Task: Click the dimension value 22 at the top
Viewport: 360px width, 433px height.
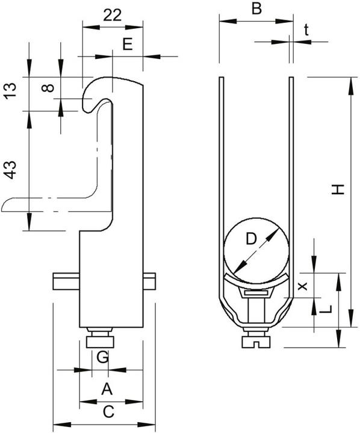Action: coord(112,15)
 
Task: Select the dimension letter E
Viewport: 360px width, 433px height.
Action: coord(128,44)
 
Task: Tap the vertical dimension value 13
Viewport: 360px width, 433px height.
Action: coord(10,91)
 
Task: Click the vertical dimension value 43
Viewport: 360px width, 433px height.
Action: coord(10,170)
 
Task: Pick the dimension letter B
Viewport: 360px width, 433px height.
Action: coord(256,9)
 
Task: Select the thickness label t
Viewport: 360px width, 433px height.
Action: coord(306,30)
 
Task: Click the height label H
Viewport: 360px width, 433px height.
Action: coord(338,189)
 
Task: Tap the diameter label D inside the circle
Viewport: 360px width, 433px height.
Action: coord(251,239)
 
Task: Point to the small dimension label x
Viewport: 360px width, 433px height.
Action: coord(303,286)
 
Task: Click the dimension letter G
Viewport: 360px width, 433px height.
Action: coord(102,357)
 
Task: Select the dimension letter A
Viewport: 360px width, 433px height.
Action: coord(107,389)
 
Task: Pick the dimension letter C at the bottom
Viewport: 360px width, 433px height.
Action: coord(108,412)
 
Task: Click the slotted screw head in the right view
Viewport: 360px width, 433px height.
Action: coord(256,342)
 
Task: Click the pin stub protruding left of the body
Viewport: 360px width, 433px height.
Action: coord(66,281)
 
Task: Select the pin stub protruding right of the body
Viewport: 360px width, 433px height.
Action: coord(149,281)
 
